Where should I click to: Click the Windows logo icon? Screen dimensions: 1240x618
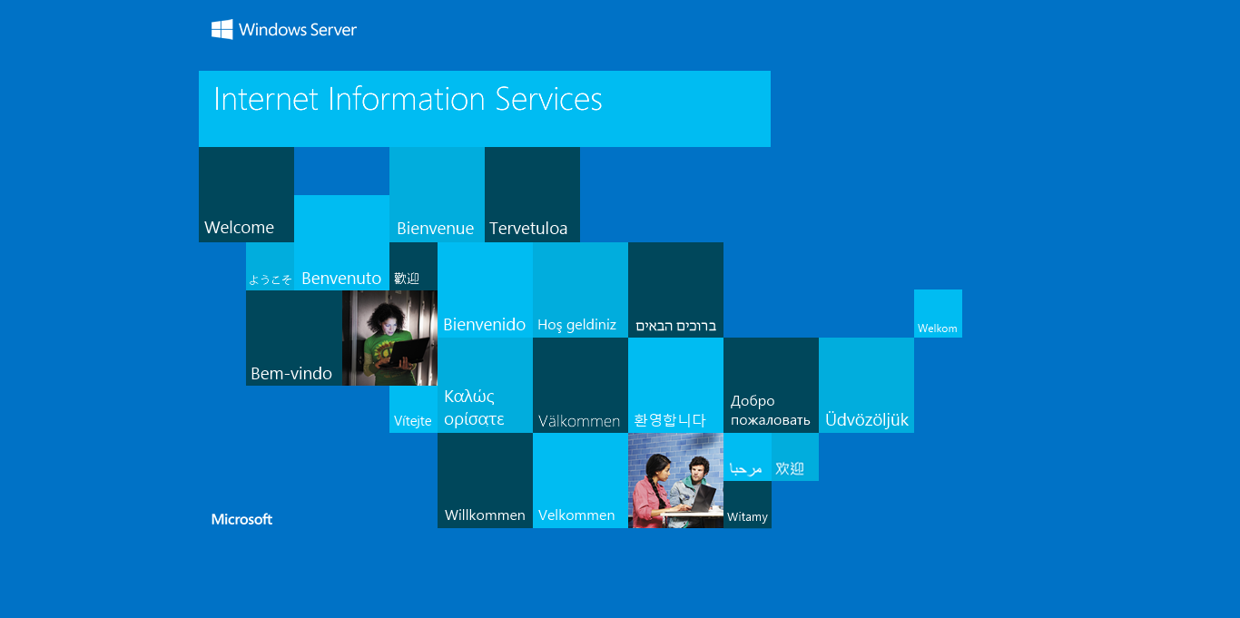222,29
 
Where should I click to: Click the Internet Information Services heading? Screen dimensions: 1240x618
408,99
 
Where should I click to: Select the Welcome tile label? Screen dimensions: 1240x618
239,228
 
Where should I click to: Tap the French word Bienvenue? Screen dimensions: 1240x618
435,228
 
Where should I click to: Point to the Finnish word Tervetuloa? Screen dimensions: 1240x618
528,228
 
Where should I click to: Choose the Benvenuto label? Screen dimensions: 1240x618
341,279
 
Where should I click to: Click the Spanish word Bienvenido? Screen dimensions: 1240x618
485,324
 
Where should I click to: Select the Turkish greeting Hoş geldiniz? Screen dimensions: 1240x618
576,325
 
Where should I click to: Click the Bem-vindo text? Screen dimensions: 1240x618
291,374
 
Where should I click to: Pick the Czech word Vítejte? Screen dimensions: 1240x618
412,421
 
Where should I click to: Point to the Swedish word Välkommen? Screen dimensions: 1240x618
579,421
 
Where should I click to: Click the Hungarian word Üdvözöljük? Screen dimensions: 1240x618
866,419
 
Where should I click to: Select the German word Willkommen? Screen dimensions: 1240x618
485,515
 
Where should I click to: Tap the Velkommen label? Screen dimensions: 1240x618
576,515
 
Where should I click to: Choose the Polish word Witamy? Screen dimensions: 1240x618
747,516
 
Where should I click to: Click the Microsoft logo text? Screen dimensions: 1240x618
241,519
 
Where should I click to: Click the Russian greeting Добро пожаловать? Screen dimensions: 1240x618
770,410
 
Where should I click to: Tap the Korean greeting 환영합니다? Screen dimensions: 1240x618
670,420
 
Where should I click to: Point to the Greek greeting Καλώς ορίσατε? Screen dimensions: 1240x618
474,407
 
